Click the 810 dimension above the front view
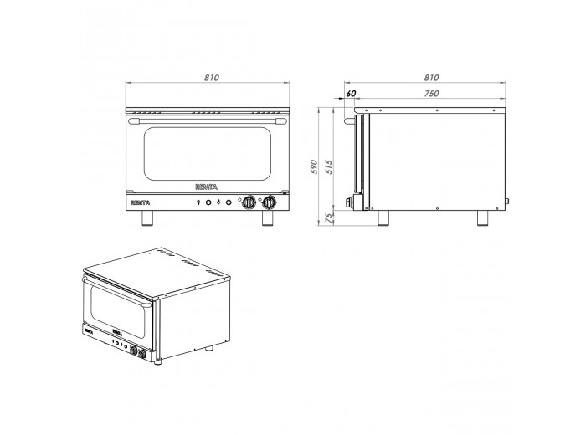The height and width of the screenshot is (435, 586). coord(210,77)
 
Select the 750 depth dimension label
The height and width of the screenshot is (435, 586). coord(431,94)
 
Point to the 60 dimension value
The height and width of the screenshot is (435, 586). coord(350,94)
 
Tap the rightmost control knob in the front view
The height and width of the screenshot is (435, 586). coord(269,202)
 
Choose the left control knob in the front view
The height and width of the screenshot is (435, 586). coord(249,202)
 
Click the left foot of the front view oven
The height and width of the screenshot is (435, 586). coord(147,218)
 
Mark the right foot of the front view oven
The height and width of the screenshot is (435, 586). coord(269,218)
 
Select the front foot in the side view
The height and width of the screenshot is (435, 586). coord(384,217)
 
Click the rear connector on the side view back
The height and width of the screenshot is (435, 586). coord(506,200)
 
